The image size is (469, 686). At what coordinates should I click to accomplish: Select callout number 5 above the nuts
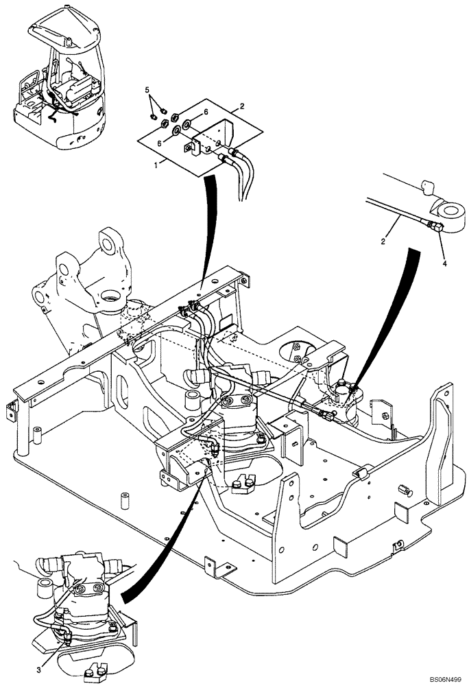click(147, 90)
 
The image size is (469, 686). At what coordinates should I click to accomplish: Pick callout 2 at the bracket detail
click(241, 107)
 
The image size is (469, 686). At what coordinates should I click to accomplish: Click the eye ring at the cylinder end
click(450, 213)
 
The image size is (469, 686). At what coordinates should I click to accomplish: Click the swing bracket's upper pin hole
click(108, 243)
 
